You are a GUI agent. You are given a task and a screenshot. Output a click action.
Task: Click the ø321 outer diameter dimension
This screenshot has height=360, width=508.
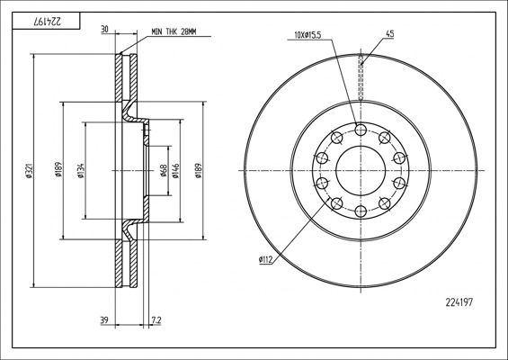coord(29,170)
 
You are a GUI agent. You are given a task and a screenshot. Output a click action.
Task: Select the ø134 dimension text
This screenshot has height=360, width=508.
coord(81,171)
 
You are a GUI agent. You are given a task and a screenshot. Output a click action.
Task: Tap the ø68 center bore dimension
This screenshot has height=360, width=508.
coord(164,171)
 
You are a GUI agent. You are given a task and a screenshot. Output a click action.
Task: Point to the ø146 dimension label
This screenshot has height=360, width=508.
coord(175,171)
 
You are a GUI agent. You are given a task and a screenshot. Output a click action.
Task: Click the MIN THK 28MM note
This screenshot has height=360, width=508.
coord(174,31)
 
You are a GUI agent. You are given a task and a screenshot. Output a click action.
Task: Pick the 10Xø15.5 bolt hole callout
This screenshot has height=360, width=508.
coord(307,35)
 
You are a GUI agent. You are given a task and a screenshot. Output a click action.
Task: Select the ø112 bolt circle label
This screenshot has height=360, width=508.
coord(266,259)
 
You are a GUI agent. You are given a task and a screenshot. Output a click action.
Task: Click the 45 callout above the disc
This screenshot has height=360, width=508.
coord(389,33)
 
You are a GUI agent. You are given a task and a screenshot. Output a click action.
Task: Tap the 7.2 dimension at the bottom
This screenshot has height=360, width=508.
coord(156,320)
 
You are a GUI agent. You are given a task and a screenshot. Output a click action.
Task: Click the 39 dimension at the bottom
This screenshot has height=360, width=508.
coord(104,320)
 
